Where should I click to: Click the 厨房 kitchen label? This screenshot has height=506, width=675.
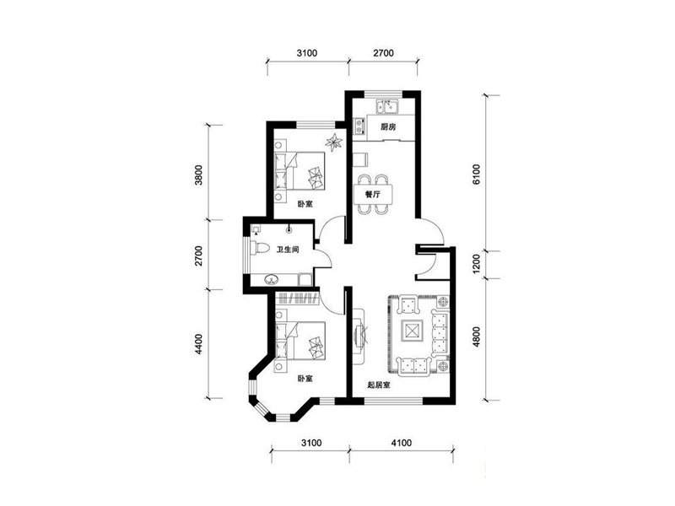coord(388,127)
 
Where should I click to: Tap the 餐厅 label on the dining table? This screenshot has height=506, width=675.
coord(373,194)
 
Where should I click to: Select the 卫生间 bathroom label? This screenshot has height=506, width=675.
coord(288,249)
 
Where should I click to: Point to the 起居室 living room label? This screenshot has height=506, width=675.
coord(379,385)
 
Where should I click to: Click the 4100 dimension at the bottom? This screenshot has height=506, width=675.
coord(402,442)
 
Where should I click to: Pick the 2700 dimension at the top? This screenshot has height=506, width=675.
coord(383,53)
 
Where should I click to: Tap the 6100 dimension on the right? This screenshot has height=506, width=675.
coord(476,175)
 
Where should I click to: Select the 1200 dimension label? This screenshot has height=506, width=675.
coord(476,264)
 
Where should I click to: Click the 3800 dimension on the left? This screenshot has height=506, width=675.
coord(198,175)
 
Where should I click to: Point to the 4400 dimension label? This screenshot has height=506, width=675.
coord(198,344)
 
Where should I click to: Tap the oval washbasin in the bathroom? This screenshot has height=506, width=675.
coord(272,280)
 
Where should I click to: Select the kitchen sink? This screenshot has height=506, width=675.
coord(388,107)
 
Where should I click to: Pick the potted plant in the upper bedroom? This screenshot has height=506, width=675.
coord(333,143)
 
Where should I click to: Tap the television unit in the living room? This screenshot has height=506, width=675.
coord(360,336)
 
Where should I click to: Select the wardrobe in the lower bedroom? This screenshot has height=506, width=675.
coord(298,298)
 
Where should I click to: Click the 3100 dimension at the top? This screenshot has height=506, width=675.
coord(307,53)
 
